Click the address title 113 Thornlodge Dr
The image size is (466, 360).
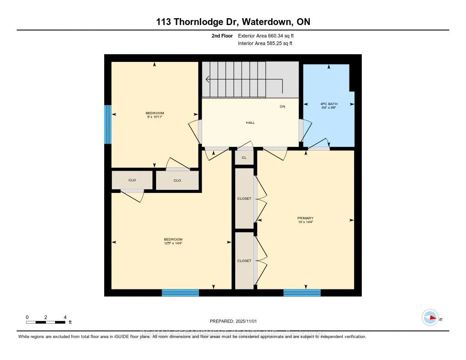(x=233, y=22)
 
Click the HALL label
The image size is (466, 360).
(x=250, y=122)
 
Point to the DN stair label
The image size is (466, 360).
(x=282, y=106)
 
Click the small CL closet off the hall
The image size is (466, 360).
(x=244, y=157)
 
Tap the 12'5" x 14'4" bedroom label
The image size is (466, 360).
(x=173, y=242)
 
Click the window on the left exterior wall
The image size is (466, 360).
(x=108, y=124)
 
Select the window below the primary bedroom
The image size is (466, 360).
(x=302, y=293)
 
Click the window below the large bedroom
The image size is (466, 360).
(x=180, y=293)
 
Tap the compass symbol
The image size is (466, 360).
(x=430, y=317)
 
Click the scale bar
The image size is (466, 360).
(x=46, y=322)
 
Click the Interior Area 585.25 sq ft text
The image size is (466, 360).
(x=265, y=44)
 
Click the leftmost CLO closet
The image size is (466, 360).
(x=132, y=180)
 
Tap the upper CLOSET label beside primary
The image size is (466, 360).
(x=244, y=198)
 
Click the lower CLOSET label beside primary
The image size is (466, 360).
(x=244, y=261)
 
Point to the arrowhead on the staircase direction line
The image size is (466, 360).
(x=208, y=79)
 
